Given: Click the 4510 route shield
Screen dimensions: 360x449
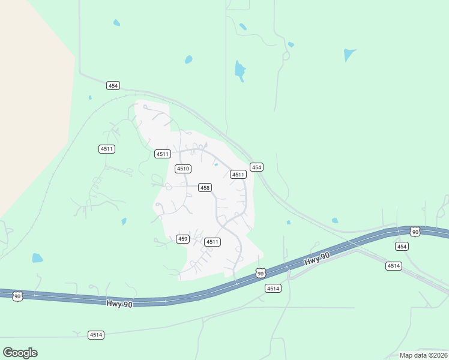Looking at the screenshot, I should click(x=183, y=169).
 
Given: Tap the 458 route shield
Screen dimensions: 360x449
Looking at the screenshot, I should click(x=205, y=188).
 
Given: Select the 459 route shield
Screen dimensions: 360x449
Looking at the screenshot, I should click(x=183, y=239).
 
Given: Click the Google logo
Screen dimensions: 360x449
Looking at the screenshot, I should click(x=20, y=353).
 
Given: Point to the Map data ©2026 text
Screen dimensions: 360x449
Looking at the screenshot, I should click(x=423, y=355).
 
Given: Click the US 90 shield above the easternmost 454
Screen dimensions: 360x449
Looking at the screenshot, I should click(x=415, y=232).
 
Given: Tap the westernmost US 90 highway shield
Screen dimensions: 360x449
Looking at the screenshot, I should click(x=17, y=296).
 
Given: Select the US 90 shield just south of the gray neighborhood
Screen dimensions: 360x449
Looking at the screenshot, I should click(x=259, y=273).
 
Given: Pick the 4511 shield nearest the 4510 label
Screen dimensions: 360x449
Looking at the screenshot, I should click(x=161, y=154).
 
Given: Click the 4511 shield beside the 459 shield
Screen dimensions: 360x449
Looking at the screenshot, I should click(x=212, y=242).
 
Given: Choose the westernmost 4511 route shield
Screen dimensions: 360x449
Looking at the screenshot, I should click(x=106, y=149).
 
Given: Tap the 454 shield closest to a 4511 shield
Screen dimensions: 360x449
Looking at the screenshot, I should click(x=256, y=167).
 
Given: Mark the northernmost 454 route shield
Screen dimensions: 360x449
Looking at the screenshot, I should click(x=113, y=86).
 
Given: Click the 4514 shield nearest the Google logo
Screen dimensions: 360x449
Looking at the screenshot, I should click(x=95, y=335).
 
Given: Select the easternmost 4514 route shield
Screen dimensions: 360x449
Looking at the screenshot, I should click(x=394, y=266).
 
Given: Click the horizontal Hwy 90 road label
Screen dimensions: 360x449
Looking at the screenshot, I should click(x=119, y=304).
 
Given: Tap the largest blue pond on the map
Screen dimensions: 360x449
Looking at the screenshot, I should click(x=240, y=71).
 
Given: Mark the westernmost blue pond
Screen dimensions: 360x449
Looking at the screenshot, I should click(x=37, y=258).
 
